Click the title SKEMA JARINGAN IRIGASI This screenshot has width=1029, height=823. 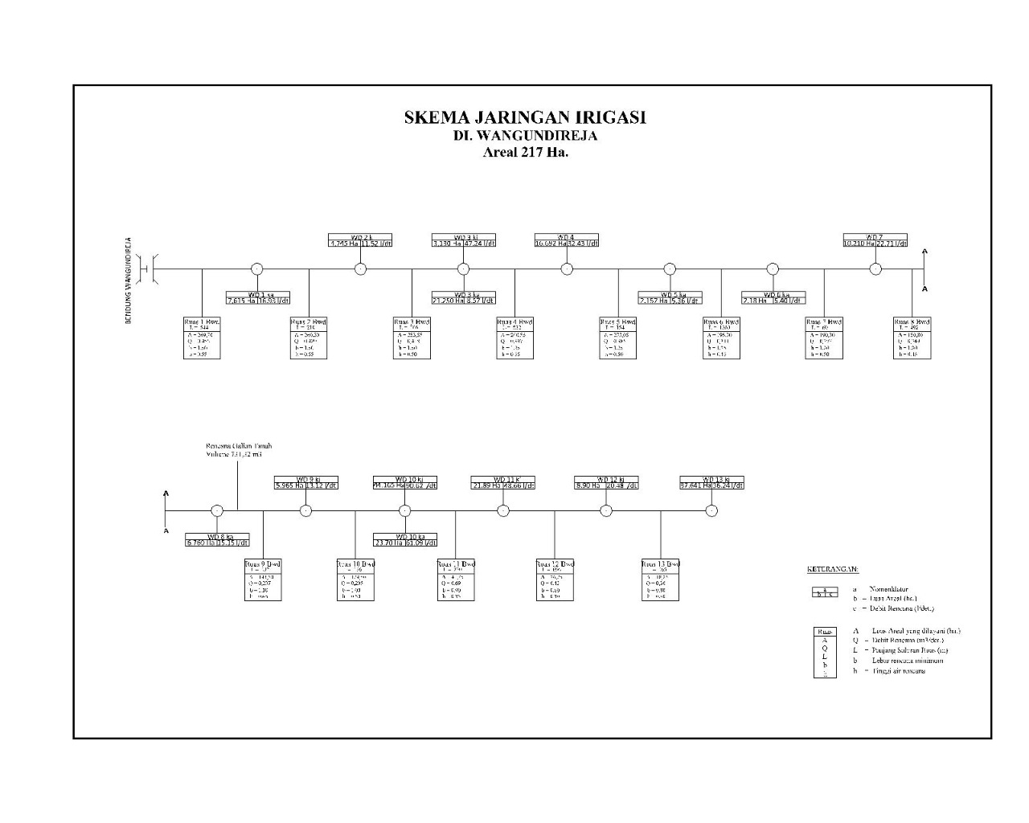pyautogui.click(x=525, y=117)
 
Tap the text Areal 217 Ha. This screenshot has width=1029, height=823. pyautogui.click(x=525, y=153)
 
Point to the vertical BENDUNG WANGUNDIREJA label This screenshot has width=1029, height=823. pyautogui.click(x=128, y=280)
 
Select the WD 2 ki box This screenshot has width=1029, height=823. pyautogui.click(x=360, y=240)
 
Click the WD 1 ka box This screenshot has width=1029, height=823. pyautogui.click(x=257, y=298)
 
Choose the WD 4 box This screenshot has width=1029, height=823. pyautogui.click(x=567, y=240)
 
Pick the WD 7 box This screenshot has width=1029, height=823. pyautogui.click(x=875, y=240)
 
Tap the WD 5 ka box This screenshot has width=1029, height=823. pyautogui.click(x=670, y=298)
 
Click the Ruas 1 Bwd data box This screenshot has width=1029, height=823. pyautogui.click(x=202, y=338)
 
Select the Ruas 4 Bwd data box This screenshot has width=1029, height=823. pyautogui.click(x=514, y=338)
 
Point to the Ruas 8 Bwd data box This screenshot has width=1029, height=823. pyautogui.click(x=912, y=338)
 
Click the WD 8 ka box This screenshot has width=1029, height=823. pyautogui.click(x=217, y=539)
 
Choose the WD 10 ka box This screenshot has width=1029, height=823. pyautogui.click(x=405, y=539)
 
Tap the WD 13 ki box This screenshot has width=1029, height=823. pyautogui.click(x=711, y=482)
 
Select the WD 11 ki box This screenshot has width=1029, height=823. pyautogui.click(x=503, y=482)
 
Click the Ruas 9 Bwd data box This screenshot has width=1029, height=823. pyautogui.click(x=263, y=580)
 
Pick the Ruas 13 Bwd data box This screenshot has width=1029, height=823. pyautogui.click(x=661, y=580)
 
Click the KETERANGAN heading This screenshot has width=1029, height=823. pyautogui.click(x=832, y=569)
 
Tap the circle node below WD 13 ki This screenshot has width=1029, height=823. pyautogui.click(x=711, y=510)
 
